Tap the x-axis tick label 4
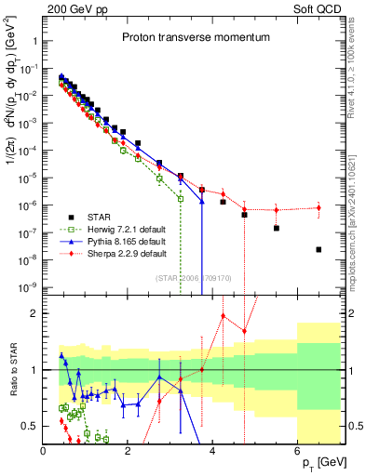(x=213, y=451)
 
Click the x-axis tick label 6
(x=298, y=451)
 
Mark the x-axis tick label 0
(x=44, y=451)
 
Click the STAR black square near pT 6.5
(x=319, y=249)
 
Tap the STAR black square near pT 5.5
(x=277, y=228)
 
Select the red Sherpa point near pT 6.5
(x=319, y=207)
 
